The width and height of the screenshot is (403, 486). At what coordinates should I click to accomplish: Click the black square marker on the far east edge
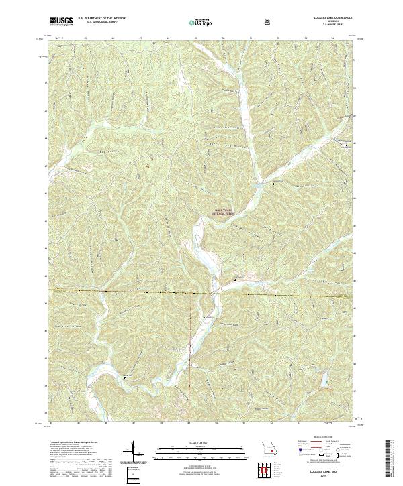coord(347,145)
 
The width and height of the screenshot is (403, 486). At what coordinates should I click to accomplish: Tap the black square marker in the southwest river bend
coord(126,378)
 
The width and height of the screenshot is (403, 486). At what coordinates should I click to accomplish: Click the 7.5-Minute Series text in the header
coord(331,26)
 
